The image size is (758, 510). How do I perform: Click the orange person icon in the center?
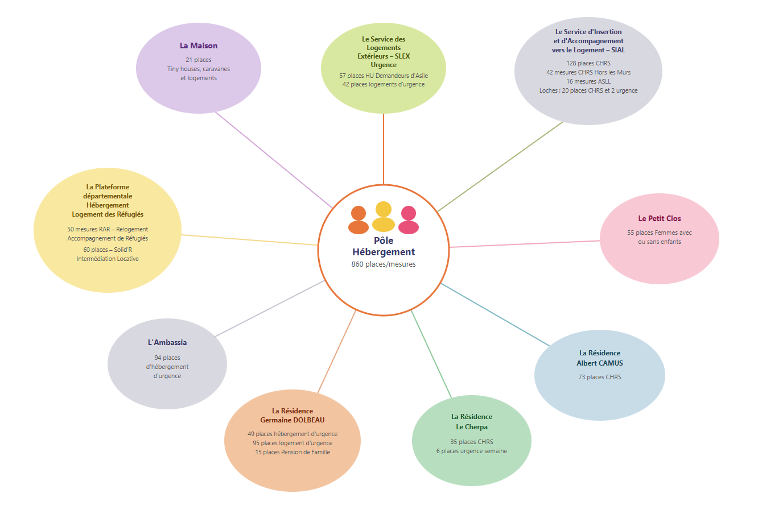[359, 220]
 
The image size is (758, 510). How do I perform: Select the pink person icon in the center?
[409, 220]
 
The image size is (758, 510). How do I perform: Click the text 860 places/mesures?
[384, 264]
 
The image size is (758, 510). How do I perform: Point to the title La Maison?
[199, 45]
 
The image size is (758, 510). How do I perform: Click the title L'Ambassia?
[167, 342]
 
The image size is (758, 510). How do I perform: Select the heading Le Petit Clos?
[660, 218]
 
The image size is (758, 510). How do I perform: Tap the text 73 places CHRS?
[600, 377]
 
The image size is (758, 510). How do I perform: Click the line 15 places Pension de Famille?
[293, 452]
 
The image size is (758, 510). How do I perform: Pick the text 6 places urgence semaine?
[472, 451]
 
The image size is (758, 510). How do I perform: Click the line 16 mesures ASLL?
[588, 81]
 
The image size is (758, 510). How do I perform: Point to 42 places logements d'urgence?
[384, 84]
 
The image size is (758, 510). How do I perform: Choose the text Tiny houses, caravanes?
[199, 69]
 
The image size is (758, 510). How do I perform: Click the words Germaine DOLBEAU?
[293, 420]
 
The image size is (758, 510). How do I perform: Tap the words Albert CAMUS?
[600, 363]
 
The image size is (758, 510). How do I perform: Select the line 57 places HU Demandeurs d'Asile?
[384, 76]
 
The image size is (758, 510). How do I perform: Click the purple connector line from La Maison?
[273, 159]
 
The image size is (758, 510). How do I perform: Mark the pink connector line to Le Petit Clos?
[524, 244]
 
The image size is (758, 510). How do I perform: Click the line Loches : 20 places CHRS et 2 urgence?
[588, 90]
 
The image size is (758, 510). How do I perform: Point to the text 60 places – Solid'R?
[108, 250]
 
